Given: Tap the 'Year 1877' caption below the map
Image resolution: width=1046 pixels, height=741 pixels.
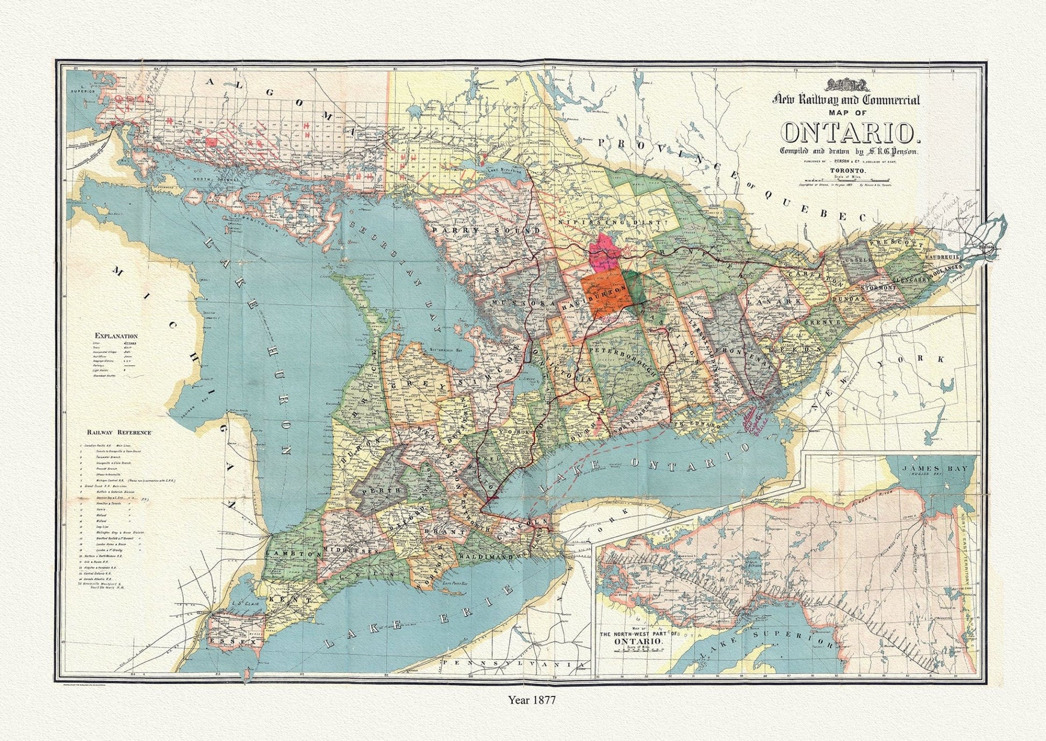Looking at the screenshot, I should [532, 700].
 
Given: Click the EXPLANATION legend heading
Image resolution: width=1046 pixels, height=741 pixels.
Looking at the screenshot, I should [116, 336].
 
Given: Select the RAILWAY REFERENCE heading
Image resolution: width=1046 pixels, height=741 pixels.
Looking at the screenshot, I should [121, 432].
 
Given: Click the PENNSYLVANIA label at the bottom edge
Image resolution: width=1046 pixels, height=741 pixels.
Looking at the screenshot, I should [512, 665].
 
